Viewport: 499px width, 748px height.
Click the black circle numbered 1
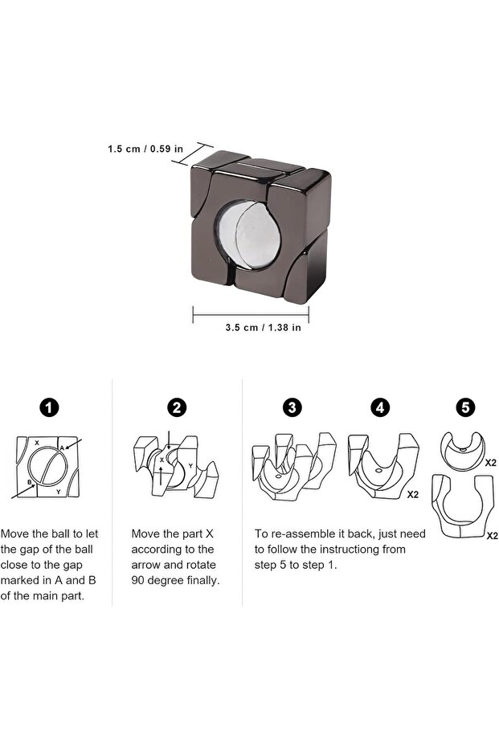pyautogui.click(x=50, y=407)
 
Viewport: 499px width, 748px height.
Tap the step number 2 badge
pyautogui.click(x=176, y=407)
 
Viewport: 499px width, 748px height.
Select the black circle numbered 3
pyautogui.click(x=292, y=407)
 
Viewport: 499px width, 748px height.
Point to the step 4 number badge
pyautogui.click(x=381, y=407)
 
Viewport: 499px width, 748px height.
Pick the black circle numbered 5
pyautogui.click(x=465, y=407)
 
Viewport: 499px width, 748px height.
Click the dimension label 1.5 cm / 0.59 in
pyautogui.click(x=145, y=149)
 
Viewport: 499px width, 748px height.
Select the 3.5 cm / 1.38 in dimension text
pyautogui.click(x=251, y=327)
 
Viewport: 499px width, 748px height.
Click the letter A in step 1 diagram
pyautogui.click(x=62, y=448)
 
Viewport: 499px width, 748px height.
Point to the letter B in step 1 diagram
pyautogui.click(x=30, y=483)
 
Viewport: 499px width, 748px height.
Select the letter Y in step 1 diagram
pyautogui.click(x=58, y=491)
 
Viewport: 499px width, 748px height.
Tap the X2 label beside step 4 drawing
pyautogui.click(x=412, y=495)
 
